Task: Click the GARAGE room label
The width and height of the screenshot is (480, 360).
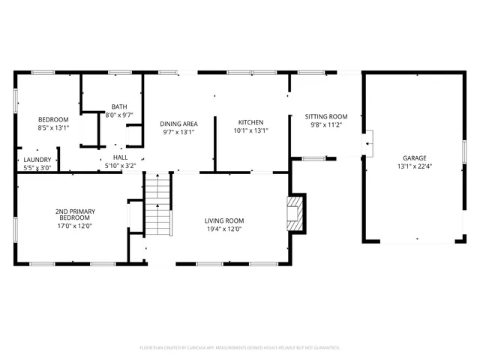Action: pyautogui.click(x=414, y=158)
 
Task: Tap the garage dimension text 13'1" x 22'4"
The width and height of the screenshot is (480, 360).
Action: pyautogui.click(x=414, y=166)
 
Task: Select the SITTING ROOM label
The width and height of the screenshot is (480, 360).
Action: pyautogui.click(x=326, y=116)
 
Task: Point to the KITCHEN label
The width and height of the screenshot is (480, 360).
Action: pyautogui.click(x=250, y=122)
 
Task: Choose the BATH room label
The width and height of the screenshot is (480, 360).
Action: pyautogui.click(x=119, y=106)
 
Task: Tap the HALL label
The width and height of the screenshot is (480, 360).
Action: pyautogui.click(x=120, y=157)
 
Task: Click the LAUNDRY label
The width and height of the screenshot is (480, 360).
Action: pyautogui.click(x=37, y=160)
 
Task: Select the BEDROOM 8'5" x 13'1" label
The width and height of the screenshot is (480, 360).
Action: pyautogui.click(x=53, y=119)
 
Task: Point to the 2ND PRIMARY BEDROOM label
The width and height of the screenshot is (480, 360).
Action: pyautogui.click(x=73, y=214)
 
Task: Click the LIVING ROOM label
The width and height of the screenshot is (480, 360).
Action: pyautogui.click(x=224, y=220)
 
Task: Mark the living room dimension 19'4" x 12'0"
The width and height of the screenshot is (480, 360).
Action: pyautogui.click(x=224, y=229)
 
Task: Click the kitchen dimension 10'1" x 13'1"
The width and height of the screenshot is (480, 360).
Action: pyautogui.click(x=250, y=130)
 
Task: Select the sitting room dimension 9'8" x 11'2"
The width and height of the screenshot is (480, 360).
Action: pyautogui.click(x=326, y=125)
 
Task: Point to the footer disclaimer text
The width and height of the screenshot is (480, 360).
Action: pyautogui.click(x=240, y=348)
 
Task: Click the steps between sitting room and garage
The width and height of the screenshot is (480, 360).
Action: pyautogui.click(x=368, y=142)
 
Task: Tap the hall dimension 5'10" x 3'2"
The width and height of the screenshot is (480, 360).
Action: pyautogui.click(x=120, y=166)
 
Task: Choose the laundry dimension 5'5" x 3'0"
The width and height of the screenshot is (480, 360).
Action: pyautogui.click(x=37, y=168)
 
